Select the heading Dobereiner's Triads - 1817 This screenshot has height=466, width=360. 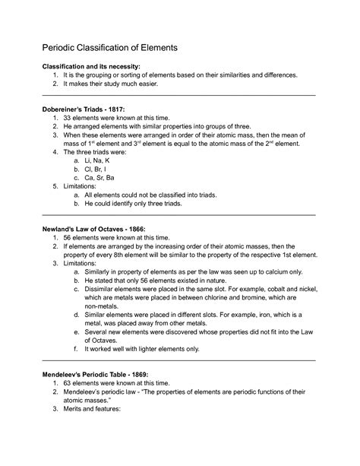87,110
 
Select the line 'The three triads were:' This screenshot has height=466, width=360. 99,151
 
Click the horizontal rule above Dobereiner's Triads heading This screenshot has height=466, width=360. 179,97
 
